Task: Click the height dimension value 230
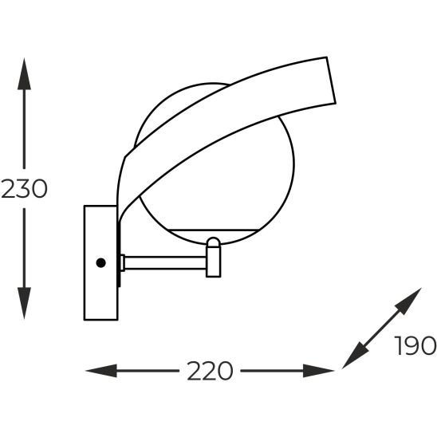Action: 25,190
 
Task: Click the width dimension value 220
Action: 210,371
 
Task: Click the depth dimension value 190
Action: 415,346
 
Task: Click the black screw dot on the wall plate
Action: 100,262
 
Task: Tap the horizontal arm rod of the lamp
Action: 163,262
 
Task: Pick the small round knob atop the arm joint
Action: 214,242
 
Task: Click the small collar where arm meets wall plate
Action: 121,262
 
